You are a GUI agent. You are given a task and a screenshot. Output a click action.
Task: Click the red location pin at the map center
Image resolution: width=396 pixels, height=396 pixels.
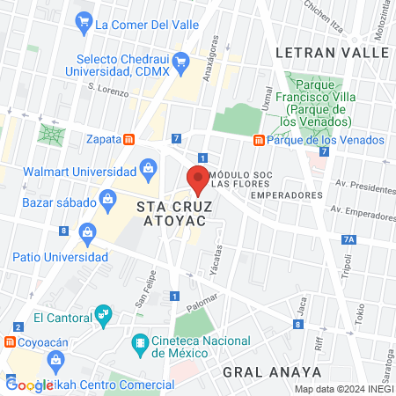(198, 180)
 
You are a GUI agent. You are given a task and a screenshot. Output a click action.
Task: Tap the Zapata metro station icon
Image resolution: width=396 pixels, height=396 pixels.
(128, 139)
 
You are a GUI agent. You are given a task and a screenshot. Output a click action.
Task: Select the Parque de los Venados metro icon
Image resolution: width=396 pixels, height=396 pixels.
(259, 140)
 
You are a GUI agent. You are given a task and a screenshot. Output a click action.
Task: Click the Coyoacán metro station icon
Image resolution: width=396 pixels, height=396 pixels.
(10, 341)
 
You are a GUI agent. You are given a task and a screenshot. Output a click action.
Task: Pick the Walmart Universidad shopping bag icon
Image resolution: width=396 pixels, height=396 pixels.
(148, 167)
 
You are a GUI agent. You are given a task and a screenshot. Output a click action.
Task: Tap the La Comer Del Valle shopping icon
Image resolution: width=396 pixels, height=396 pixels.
(84, 20)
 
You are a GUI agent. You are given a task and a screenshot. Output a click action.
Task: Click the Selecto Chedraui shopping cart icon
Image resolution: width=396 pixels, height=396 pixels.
(181, 61)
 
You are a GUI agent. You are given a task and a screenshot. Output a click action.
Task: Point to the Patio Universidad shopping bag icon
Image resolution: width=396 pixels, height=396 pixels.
(86, 232)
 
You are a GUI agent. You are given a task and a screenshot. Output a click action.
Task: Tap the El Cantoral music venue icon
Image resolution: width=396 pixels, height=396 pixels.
(104, 313)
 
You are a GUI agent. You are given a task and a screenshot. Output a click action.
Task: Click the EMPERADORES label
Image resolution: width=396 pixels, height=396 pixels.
(281, 194)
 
